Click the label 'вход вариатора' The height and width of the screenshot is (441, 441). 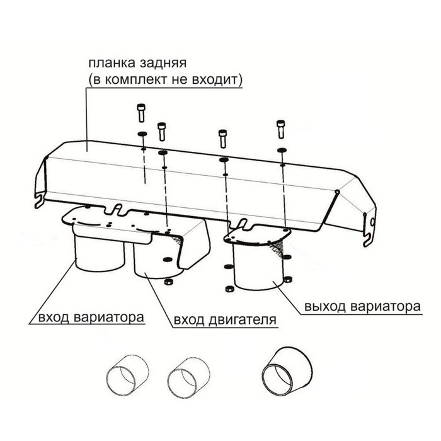pos(91,318)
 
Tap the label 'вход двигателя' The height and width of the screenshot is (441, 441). pos(225,320)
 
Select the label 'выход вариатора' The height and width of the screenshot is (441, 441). pos(362,306)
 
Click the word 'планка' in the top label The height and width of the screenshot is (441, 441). pos(112,63)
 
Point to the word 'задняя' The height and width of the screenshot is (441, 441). pos(163,64)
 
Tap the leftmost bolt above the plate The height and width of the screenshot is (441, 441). pos(142,113)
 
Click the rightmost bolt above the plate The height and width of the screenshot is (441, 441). pos(281,129)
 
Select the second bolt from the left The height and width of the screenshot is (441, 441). pos(162,132)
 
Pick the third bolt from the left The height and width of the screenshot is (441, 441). pos(223,139)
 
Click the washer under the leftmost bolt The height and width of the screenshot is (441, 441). pos(142,134)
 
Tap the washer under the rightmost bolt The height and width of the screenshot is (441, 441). pos(282,150)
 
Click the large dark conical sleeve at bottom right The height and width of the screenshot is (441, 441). pos(287,371)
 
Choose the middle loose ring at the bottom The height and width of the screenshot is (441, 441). pos(188,378)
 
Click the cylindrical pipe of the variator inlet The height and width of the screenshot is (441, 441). pos(100,253)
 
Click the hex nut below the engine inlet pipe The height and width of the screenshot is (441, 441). pos(168,282)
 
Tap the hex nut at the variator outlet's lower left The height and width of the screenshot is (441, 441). pos(229,289)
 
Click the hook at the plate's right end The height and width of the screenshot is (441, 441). pos(370,231)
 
